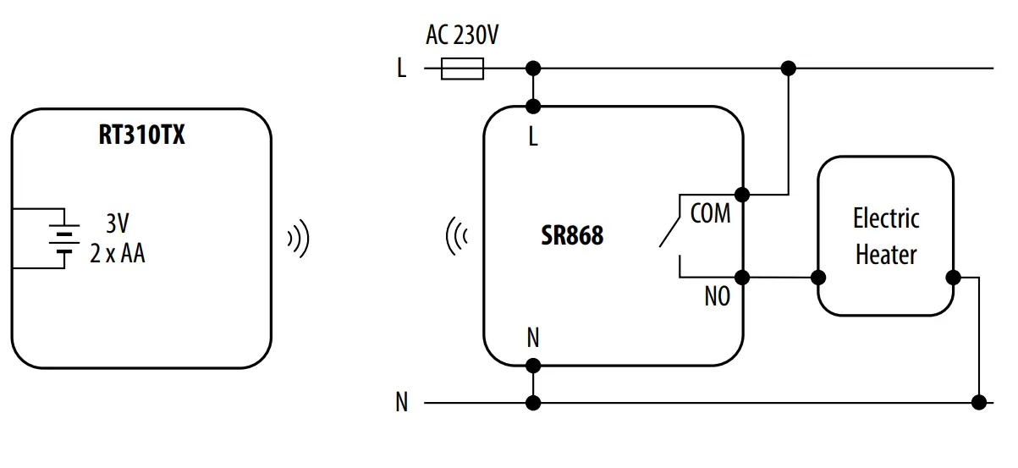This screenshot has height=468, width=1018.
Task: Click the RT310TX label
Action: pos(141,135)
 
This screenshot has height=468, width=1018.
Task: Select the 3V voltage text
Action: pos(118,224)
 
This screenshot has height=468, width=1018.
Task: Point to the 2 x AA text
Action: pos(118,253)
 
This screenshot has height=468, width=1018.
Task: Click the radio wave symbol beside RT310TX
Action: pos(298,240)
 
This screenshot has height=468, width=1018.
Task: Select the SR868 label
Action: pos(572,235)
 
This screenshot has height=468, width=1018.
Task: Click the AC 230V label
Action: pos(462,36)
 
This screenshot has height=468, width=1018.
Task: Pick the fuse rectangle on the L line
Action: pos(463,69)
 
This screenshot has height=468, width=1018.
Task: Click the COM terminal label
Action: pos(710,213)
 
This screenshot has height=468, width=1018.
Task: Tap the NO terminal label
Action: pos(717,297)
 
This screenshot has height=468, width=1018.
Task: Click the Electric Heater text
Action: pos(885,236)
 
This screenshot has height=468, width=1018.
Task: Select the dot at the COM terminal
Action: pos(743,195)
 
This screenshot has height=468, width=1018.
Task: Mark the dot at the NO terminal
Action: pos(743,277)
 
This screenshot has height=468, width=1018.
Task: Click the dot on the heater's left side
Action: pos(818,277)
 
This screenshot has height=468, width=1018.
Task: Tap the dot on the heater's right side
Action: pos(953,277)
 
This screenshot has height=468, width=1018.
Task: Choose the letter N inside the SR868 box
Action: pos(532,339)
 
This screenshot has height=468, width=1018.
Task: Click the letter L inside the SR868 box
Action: pos(532,137)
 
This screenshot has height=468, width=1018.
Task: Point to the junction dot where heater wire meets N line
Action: pos(980,403)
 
